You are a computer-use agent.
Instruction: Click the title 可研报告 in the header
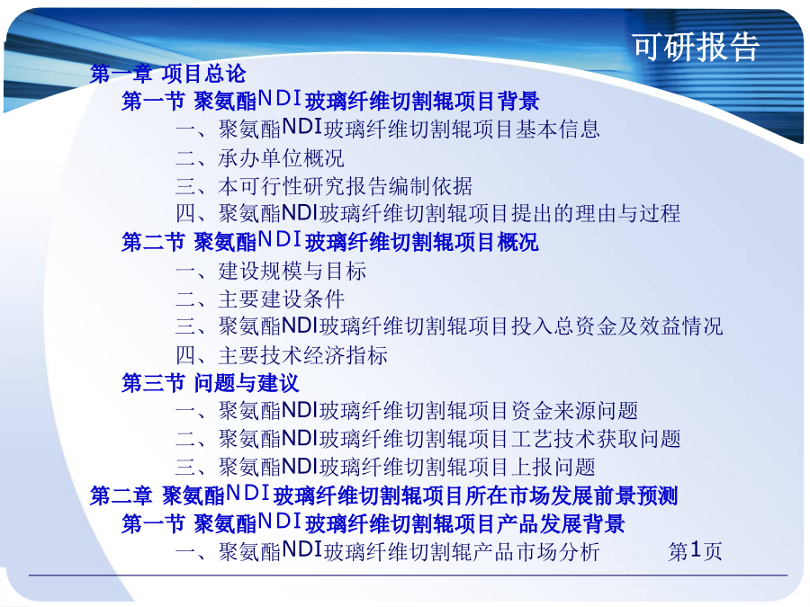(696, 47)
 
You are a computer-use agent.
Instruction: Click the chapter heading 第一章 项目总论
(168, 74)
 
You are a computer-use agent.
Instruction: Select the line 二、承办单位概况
(259, 158)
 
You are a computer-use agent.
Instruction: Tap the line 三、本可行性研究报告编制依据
(323, 186)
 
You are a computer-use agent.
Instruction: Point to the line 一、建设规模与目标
(271, 271)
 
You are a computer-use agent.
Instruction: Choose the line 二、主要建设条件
(259, 299)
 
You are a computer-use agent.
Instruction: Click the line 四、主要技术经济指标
(282, 355)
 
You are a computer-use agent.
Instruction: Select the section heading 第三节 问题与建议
(211, 383)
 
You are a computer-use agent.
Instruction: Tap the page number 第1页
(695, 551)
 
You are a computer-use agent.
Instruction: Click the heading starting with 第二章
(383, 495)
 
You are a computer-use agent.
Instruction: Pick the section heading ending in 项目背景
(330, 100)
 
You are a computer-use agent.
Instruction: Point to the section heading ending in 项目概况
(330, 241)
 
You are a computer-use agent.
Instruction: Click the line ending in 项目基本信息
(387, 129)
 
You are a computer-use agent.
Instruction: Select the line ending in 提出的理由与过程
(427, 213)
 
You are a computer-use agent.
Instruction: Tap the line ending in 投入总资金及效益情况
(449, 326)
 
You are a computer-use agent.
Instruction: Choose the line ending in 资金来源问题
(407, 411)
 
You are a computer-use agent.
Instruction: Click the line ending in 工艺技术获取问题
(427, 439)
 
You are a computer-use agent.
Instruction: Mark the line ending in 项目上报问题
(385, 467)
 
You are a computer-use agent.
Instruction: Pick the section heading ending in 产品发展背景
(373, 522)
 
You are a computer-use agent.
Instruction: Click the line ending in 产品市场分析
(387, 551)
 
